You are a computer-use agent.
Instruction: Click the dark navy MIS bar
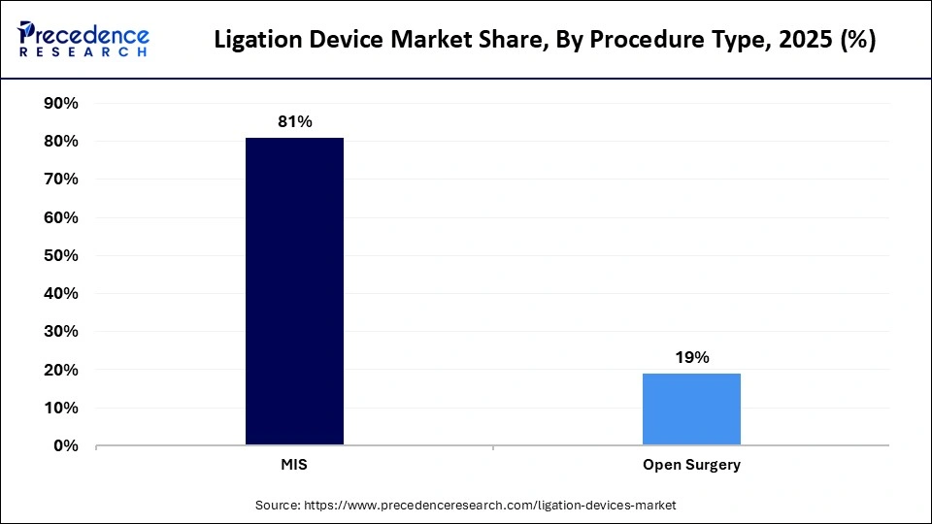294,291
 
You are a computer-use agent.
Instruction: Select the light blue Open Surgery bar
691,409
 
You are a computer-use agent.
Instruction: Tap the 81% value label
294,121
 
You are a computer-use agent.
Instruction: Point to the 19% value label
691,357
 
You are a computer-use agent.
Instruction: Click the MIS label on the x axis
294,465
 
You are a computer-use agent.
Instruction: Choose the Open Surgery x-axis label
691,465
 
